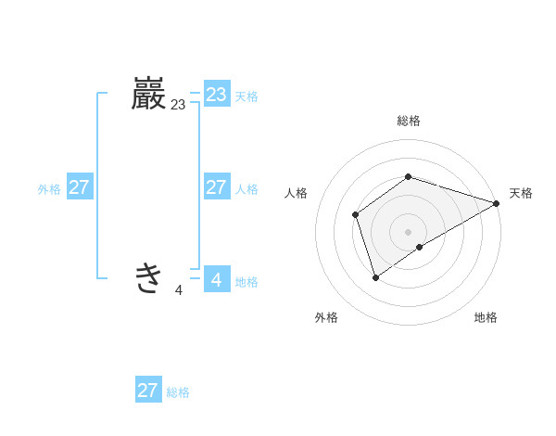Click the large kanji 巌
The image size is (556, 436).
(x=148, y=96)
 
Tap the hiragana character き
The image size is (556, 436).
(x=148, y=277)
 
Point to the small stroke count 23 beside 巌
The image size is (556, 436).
(x=178, y=106)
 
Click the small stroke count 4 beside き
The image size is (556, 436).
(x=178, y=290)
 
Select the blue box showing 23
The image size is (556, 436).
(x=216, y=95)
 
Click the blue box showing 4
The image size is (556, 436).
(x=216, y=278)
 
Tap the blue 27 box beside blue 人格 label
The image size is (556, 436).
(x=216, y=187)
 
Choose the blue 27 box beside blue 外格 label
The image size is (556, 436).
(x=79, y=187)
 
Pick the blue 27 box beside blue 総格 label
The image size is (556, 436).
(x=147, y=391)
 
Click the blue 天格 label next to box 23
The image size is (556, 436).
(x=246, y=96)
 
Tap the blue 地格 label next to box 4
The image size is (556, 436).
(x=246, y=282)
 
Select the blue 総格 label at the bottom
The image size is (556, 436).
(x=178, y=392)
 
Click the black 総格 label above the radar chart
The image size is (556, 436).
(x=409, y=121)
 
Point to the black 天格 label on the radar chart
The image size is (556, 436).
(x=521, y=193)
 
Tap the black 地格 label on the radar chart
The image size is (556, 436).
(x=486, y=317)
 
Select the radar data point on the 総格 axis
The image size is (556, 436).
(x=409, y=176)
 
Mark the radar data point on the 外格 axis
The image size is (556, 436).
(x=375, y=276)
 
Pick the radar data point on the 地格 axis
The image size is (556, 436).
(x=420, y=247)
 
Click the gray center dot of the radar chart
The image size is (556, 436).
(x=409, y=232)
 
